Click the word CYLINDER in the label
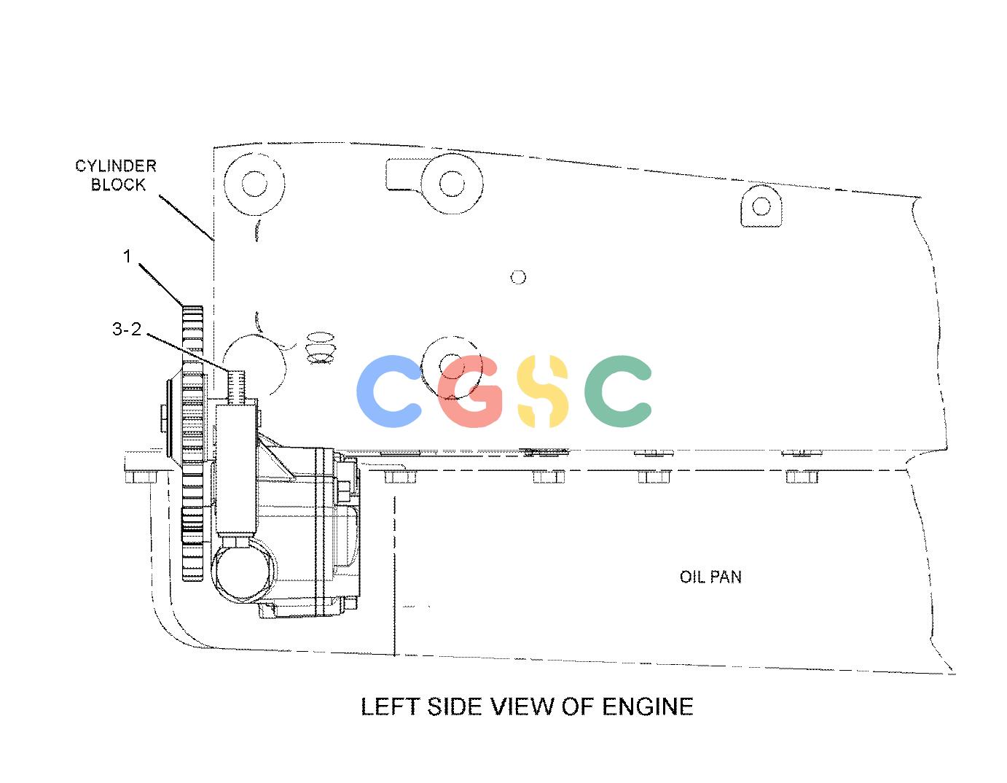point(116,166)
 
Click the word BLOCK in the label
point(118,185)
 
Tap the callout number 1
point(127,256)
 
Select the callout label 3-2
point(127,329)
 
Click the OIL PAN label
point(710,577)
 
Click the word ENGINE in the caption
point(647,707)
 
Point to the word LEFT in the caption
point(390,707)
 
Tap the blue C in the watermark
point(388,391)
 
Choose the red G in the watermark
point(469,391)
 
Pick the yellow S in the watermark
point(543,391)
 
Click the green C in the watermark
point(618,391)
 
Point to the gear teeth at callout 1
point(193,443)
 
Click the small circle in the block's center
point(517,277)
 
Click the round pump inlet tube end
point(243,574)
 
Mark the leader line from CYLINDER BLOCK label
point(187,218)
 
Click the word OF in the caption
point(577,707)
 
